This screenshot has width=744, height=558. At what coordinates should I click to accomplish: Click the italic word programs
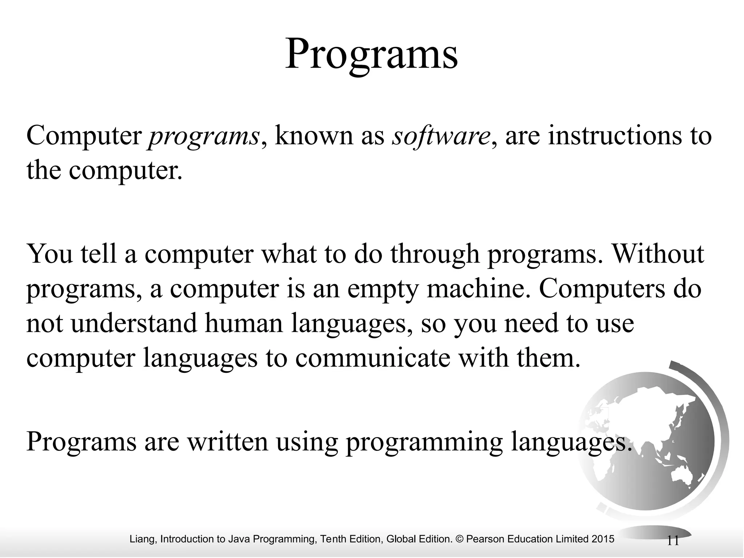(x=203, y=137)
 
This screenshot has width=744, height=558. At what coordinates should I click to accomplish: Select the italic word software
(x=440, y=137)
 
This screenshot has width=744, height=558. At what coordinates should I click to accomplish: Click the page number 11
(x=673, y=541)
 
